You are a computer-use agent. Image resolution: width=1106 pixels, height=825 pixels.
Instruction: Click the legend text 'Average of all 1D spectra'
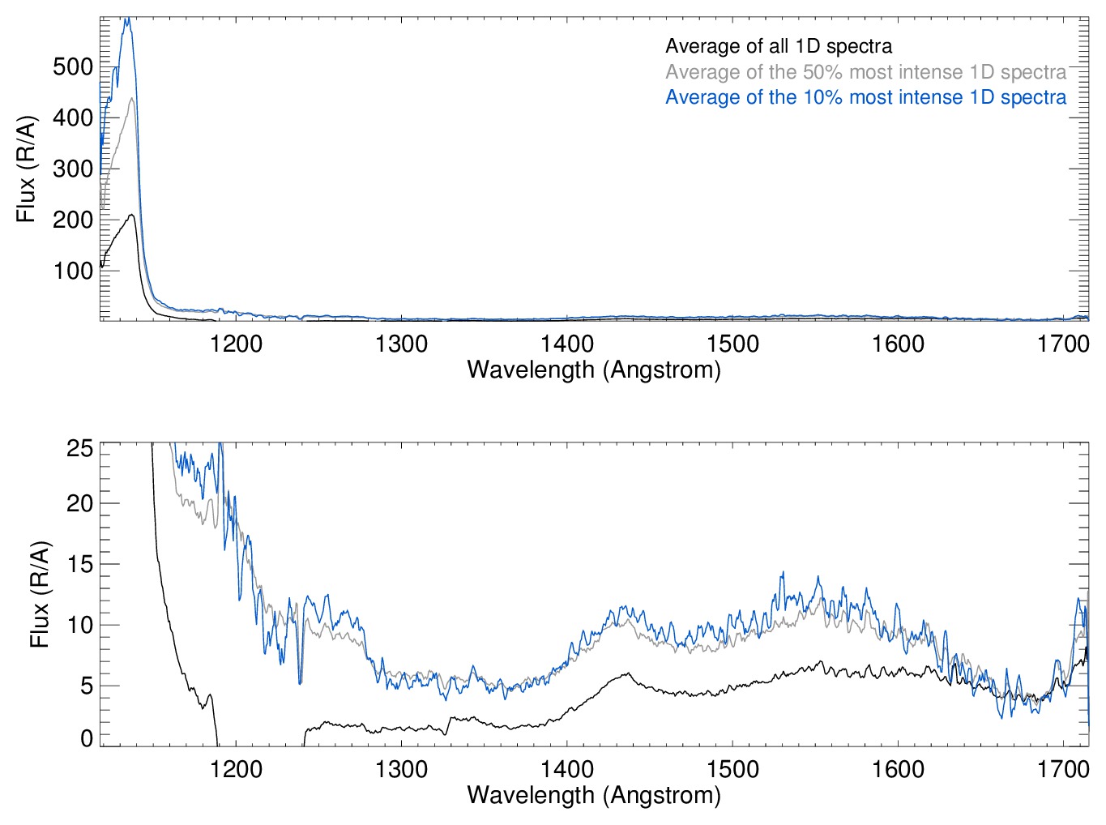(x=779, y=47)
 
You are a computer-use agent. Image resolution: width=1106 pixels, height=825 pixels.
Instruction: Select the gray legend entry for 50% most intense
(x=865, y=72)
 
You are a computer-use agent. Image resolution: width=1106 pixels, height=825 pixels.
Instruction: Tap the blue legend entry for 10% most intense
(x=865, y=97)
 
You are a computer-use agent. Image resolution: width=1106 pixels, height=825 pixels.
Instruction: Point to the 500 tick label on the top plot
(x=73, y=66)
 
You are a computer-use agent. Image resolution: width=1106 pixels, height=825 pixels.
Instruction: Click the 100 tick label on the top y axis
(x=73, y=271)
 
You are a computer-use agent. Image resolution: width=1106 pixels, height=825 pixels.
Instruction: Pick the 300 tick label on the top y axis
(x=73, y=169)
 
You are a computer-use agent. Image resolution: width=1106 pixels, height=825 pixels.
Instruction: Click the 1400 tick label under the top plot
(x=567, y=344)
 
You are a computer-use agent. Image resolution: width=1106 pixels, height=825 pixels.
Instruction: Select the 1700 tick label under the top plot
(x=1063, y=344)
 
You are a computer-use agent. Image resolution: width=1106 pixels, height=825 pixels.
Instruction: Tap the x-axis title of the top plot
(x=594, y=370)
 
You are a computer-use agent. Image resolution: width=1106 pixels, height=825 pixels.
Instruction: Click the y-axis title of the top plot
(x=26, y=169)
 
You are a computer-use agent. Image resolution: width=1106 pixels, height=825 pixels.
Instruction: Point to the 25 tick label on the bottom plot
(x=79, y=448)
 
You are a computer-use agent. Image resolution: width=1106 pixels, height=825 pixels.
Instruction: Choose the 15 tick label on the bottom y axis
(x=79, y=564)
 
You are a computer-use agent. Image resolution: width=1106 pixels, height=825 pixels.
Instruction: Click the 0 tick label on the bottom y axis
(x=86, y=738)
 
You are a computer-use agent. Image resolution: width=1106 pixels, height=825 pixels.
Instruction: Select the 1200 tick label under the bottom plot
(x=236, y=768)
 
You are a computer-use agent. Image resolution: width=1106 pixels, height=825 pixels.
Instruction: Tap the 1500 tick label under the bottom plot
(x=732, y=768)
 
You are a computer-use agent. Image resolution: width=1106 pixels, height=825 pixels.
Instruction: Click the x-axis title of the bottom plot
(x=594, y=794)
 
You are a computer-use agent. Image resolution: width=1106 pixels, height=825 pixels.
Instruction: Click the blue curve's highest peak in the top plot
(x=126, y=19)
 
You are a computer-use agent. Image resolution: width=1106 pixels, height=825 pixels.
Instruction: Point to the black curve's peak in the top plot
(x=131, y=215)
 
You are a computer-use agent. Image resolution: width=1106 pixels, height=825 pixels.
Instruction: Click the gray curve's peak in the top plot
(x=131, y=98)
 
